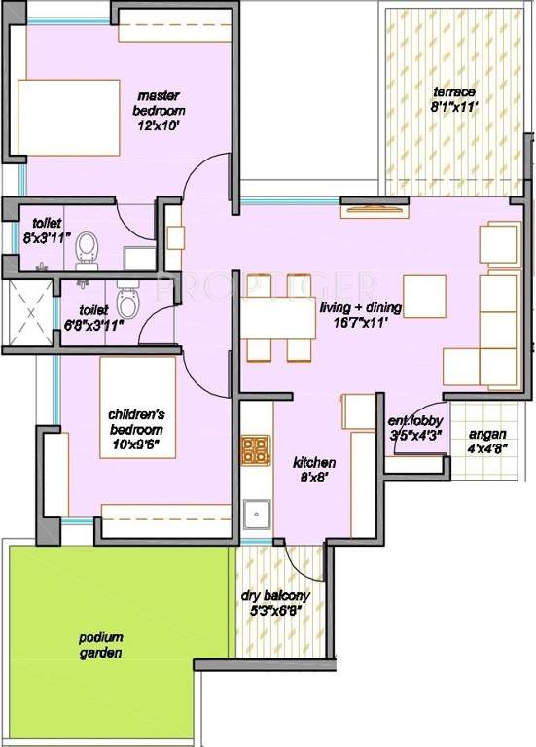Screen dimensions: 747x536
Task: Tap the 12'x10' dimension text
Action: [161, 125]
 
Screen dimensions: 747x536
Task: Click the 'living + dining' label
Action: [362, 308]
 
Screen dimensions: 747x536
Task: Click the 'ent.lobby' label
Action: [415, 420]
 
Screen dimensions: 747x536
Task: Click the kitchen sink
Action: [257, 513]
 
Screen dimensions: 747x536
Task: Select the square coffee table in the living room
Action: [424, 295]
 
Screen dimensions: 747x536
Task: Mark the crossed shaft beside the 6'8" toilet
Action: [28, 316]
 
